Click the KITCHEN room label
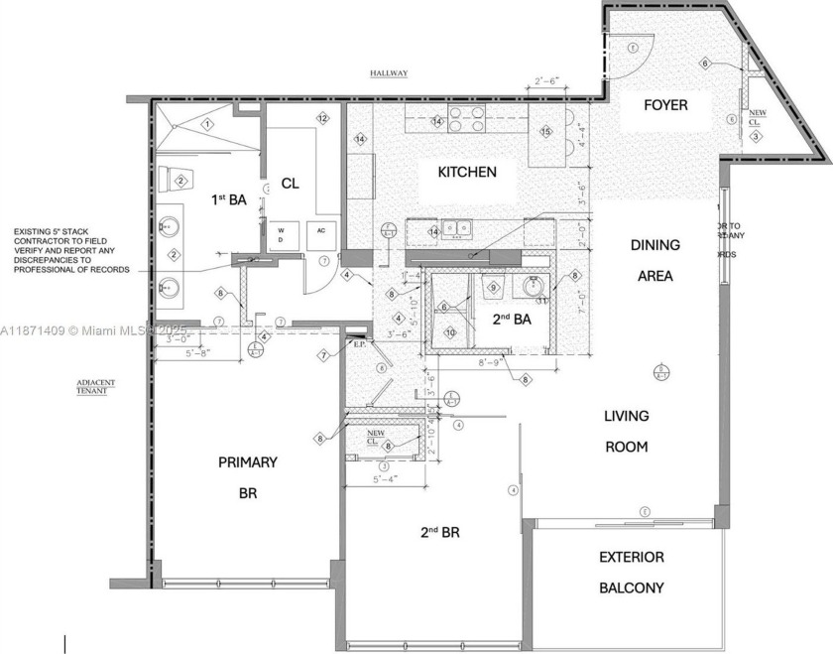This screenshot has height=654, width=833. tap(467, 172)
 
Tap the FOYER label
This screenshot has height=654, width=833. tap(665, 105)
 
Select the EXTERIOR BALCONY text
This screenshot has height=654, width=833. tap(631, 572)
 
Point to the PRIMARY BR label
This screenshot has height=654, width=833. tap(248, 476)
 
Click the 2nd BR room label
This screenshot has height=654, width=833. tap(439, 532)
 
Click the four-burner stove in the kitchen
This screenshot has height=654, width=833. tap(466, 119)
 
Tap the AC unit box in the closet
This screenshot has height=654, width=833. tap(320, 230)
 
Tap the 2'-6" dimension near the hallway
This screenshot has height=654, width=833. tap(548, 81)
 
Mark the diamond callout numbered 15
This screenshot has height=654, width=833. tap(545, 131)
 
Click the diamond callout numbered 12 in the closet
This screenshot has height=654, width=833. tap(322, 118)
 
